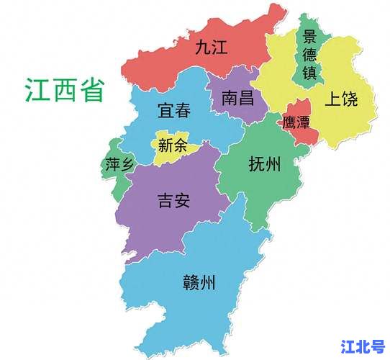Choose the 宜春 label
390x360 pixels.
pos(174,111)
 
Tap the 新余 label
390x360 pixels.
pos(173,145)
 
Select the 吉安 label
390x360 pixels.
pos(173,199)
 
